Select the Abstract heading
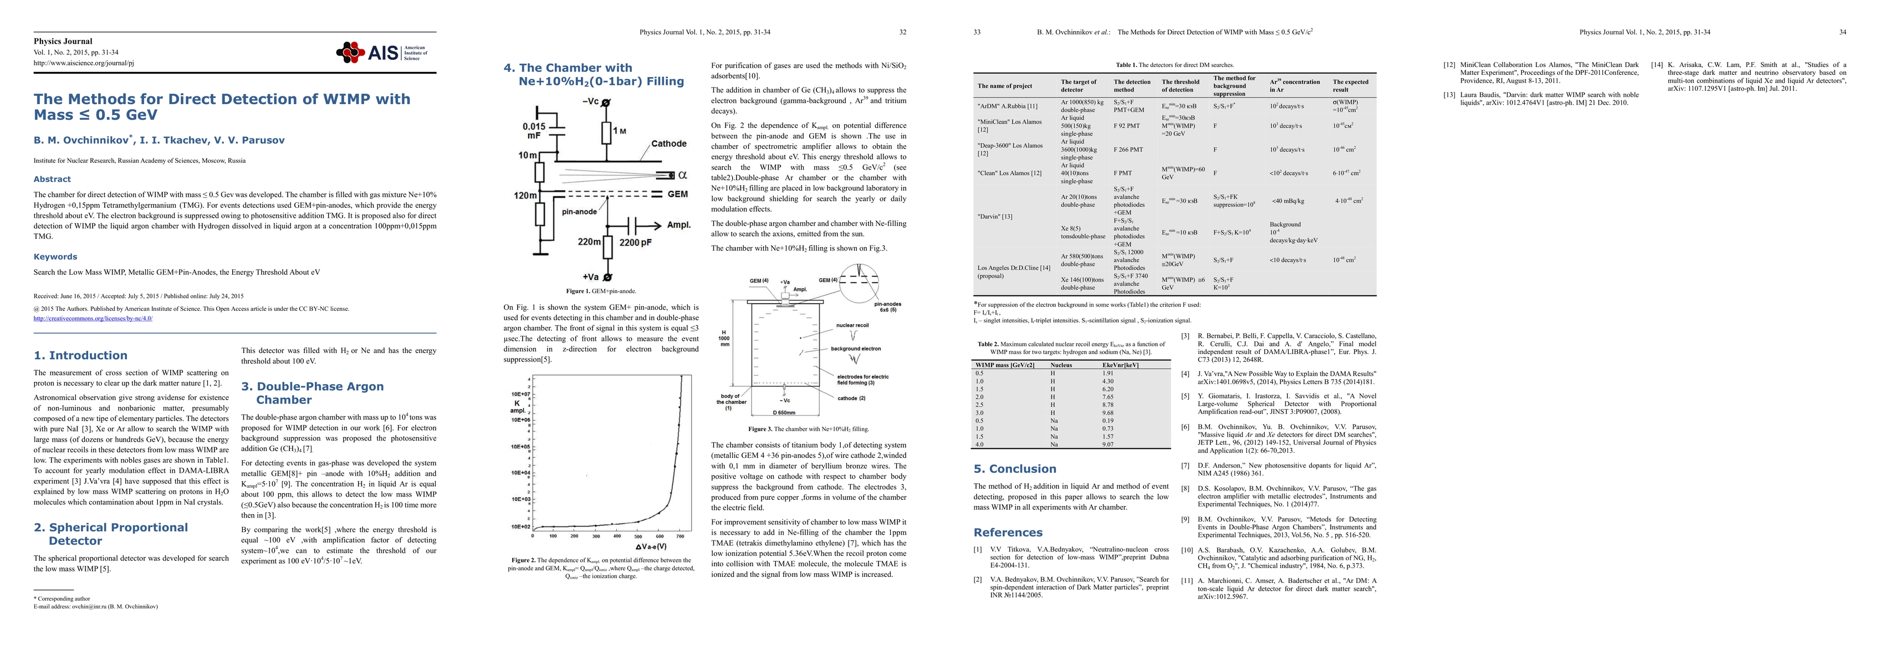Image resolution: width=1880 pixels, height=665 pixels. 52,179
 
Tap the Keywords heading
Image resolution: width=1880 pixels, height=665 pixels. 55,257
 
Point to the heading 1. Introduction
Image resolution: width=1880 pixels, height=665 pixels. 80,355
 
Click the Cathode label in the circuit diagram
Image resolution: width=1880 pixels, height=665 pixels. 668,144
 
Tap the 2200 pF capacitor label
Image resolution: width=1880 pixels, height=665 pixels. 636,242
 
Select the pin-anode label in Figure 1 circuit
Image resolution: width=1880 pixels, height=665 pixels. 580,212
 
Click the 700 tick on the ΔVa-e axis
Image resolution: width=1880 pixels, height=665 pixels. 680,536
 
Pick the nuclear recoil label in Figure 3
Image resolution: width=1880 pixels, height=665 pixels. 852,325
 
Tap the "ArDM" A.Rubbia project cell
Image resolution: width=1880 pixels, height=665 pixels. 1007,106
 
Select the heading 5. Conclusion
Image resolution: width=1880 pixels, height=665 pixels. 1014,469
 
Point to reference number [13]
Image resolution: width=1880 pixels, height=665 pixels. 1449,95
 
